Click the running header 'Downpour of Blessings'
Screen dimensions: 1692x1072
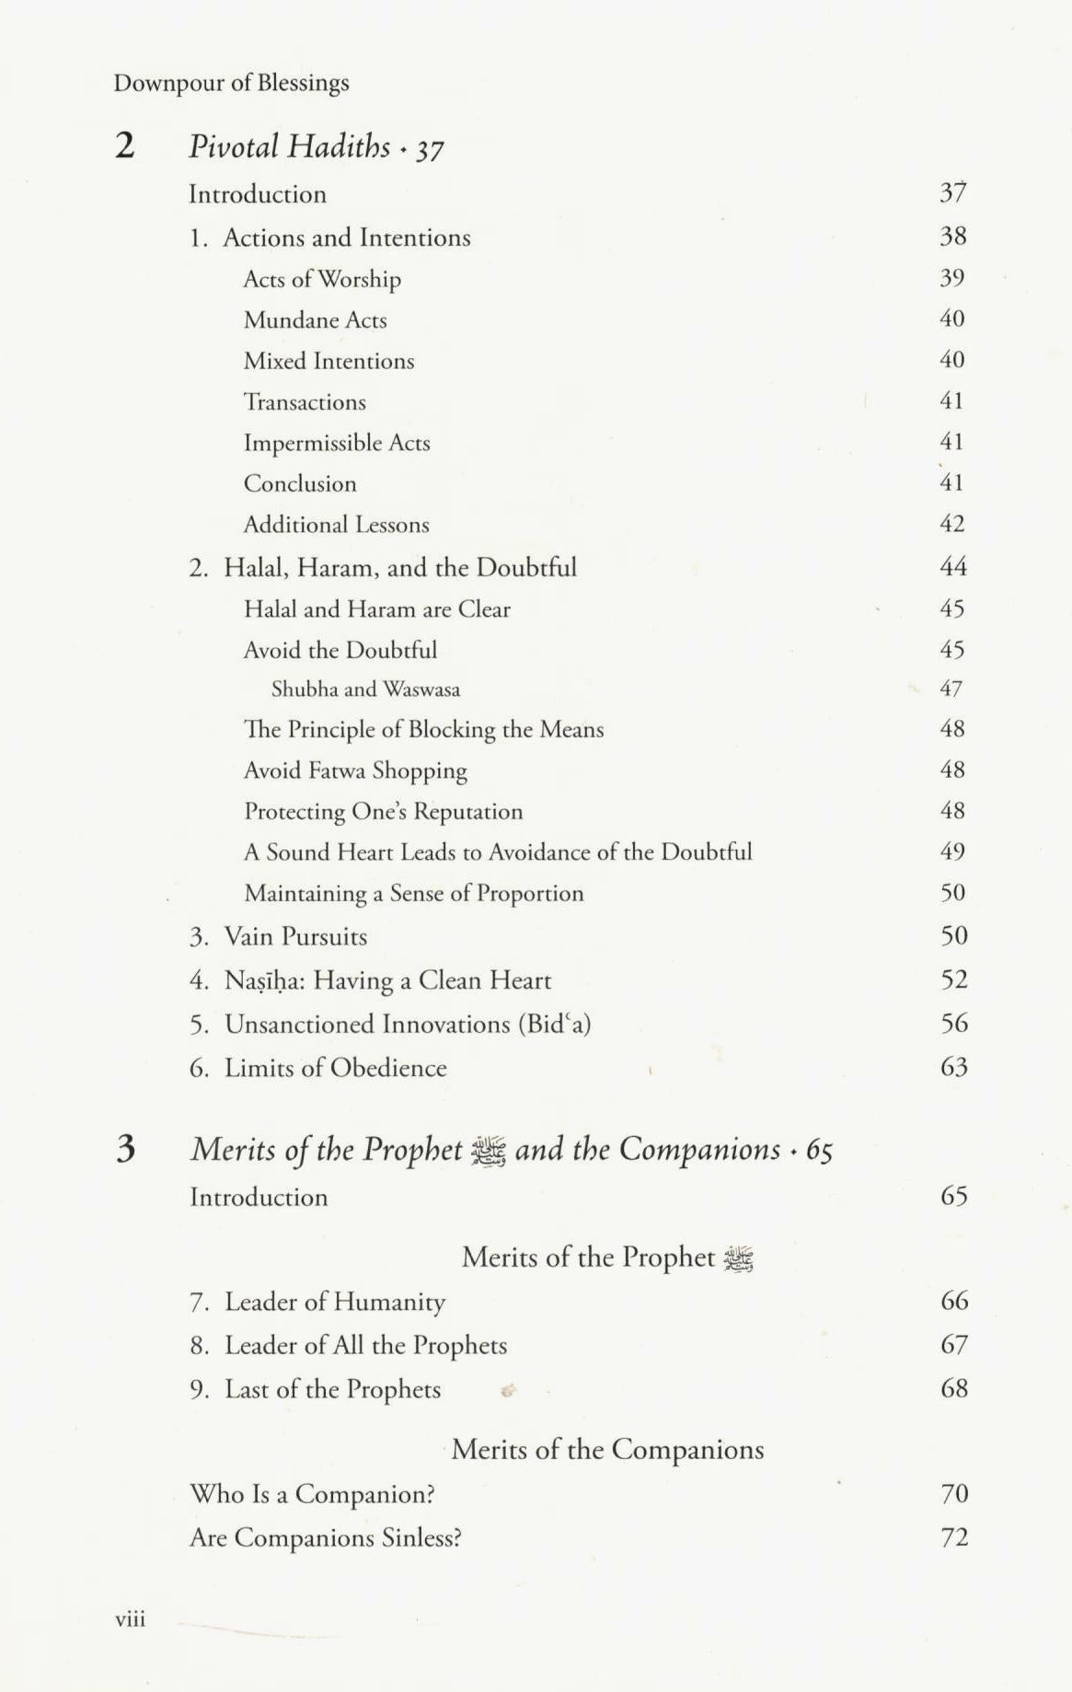click(231, 83)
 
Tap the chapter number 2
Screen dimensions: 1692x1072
click(125, 145)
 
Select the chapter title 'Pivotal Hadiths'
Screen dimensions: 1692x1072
click(290, 146)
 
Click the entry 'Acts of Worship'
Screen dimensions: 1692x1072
click(322, 279)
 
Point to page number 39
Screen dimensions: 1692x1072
click(951, 278)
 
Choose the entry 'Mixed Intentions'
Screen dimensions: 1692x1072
click(329, 361)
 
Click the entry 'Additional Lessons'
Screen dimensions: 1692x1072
click(336, 525)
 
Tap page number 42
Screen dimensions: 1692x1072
click(951, 524)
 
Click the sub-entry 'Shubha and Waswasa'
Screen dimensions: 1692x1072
click(365, 690)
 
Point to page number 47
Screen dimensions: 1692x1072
click(951, 689)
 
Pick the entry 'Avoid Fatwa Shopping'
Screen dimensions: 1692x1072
click(355, 771)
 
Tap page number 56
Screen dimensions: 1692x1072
click(954, 1024)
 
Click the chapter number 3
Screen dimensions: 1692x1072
click(126, 1149)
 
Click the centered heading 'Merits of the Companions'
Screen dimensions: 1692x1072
click(607, 1450)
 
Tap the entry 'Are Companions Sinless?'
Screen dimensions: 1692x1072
click(325, 1538)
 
